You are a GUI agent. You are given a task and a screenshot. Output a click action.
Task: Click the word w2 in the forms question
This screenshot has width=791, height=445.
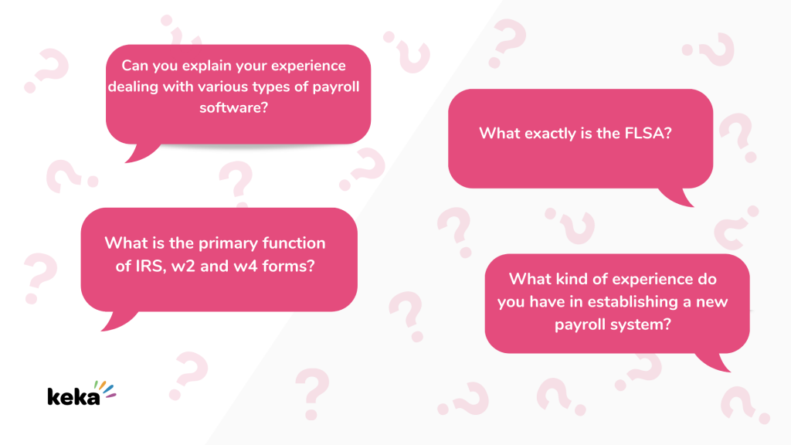(183, 266)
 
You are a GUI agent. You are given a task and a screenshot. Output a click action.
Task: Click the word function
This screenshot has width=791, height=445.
(294, 243)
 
